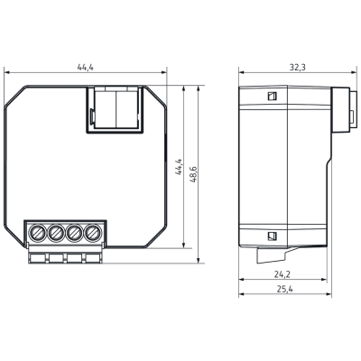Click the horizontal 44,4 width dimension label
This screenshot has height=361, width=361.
pos(86,68)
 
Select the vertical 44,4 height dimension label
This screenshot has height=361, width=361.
pos(179,167)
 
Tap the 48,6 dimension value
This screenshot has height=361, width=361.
pos(193,174)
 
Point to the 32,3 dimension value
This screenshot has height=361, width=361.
pos(297,68)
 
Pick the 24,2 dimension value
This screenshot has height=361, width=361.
pos(282,274)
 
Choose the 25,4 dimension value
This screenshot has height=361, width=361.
pos(284,289)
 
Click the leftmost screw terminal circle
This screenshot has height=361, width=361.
pos(37,233)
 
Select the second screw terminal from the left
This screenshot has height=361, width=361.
pos(56,233)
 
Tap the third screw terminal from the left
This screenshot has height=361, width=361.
pos(74,233)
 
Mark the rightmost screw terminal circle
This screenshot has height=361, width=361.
pos(93,233)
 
